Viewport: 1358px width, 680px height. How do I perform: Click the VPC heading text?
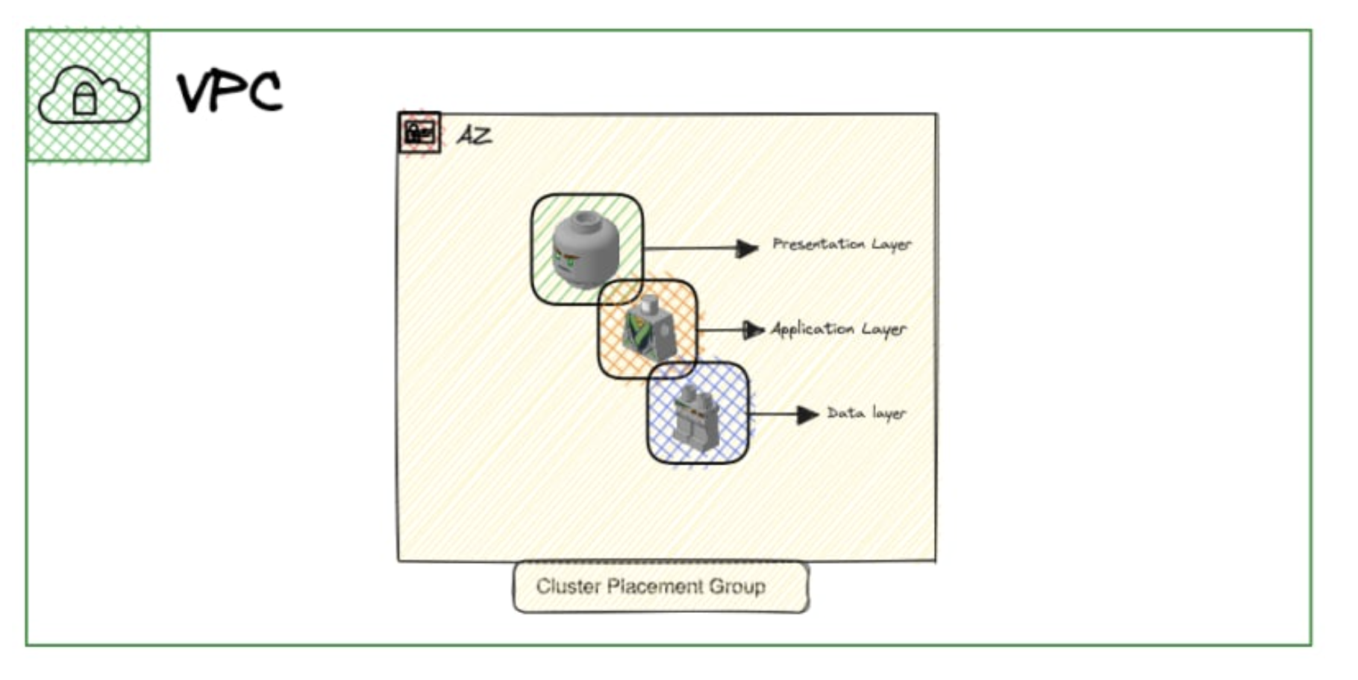click(230, 92)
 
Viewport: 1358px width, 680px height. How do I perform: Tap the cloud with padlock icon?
click(88, 96)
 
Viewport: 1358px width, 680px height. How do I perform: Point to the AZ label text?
click(475, 136)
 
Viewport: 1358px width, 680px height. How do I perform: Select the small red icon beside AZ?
click(419, 133)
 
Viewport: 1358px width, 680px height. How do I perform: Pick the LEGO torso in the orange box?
click(648, 329)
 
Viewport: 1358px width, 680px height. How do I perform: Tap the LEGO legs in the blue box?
click(697, 416)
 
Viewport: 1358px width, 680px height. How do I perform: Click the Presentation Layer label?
click(841, 245)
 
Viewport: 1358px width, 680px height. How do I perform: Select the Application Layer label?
click(839, 329)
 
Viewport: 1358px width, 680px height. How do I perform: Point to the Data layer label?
click(866, 413)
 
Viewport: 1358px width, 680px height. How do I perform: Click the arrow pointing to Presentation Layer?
click(701, 248)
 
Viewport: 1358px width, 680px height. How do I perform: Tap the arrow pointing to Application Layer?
click(731, 330)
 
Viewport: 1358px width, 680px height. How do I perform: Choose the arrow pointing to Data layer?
click(784, 415)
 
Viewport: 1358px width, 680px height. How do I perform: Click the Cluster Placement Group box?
click(660, 588)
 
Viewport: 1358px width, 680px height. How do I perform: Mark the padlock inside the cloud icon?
click(85, 99)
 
